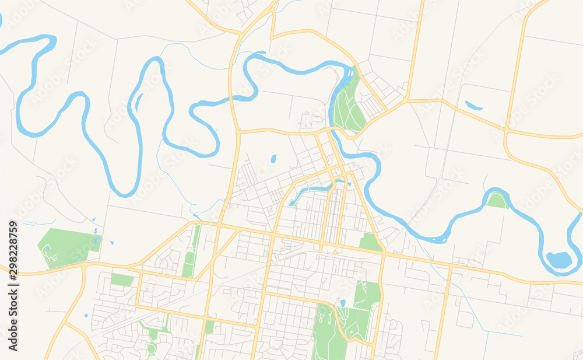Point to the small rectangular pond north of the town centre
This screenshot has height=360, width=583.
(273, 158)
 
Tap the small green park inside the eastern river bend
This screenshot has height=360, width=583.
(497, 201)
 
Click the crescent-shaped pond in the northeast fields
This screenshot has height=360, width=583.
(474, 106)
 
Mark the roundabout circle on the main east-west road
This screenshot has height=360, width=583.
(336, 252)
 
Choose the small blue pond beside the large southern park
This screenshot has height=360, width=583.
(342, 302)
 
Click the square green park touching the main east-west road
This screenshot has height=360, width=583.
(369, 241)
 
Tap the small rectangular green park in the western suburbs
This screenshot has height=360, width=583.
(122, 279)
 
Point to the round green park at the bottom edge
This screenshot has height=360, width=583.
(152, 349)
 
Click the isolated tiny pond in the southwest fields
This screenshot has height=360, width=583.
(86, 316)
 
